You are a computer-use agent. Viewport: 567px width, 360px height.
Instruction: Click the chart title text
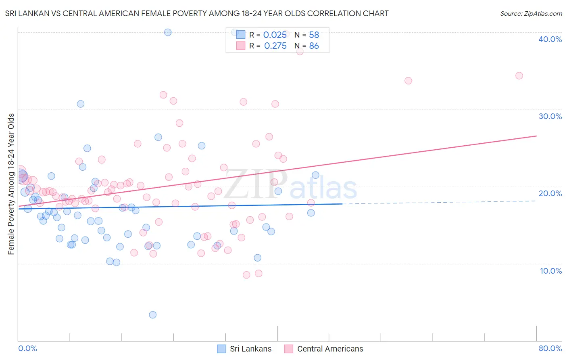pyautogui.click(x=197, y=13)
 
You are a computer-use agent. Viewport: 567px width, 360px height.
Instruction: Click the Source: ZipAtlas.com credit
pyautogui.click(x=531, y=13)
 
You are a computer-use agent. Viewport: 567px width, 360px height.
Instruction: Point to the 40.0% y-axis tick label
pyautogui.click(x=550, y=39)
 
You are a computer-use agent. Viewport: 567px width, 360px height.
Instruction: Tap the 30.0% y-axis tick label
pyautogui.click(x=550, y=116)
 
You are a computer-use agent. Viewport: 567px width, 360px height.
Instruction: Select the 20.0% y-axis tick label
pyautogui.click(x=550, y=193)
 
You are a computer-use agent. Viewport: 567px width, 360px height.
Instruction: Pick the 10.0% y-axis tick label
pyautogui.click(x=551, y=271)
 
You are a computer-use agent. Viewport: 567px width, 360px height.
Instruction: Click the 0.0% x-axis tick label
pyautogui.click(x=27, y=348)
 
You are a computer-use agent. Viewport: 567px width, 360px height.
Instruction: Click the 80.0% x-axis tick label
pyautogui.click(x=550, y=348)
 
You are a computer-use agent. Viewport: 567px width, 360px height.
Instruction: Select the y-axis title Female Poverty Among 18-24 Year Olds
pyautogui.click(x=11, y=184)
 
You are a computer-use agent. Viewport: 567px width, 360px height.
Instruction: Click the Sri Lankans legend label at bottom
pyautogui.click(x=250, y=349)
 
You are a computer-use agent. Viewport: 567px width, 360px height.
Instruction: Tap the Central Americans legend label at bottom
pyautogui.click(x=330, y=349)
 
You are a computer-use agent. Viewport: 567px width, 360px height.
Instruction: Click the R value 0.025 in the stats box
pyautogui.click(x=275, y=35)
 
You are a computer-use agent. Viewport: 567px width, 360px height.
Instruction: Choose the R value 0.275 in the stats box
pyautogui.click(x=275, y=46)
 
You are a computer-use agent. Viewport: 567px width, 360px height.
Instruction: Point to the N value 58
pyautogui.click(x=314, y=35)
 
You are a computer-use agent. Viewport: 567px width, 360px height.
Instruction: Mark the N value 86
pyautogui.click(x=314, y=46)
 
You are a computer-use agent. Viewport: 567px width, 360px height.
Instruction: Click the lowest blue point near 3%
pyautogui.click(x=152, y=315)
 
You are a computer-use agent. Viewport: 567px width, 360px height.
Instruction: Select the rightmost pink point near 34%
pyautogui.click(x=519, y=76)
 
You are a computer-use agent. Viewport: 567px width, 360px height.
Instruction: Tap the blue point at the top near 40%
pyautogui.click(x=168, y=32)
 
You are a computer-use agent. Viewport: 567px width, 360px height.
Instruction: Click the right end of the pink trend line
pyautogui.click(x=536, y=136)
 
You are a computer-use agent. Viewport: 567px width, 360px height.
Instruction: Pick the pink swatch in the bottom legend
pyautogui.click(x=288, y=349)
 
